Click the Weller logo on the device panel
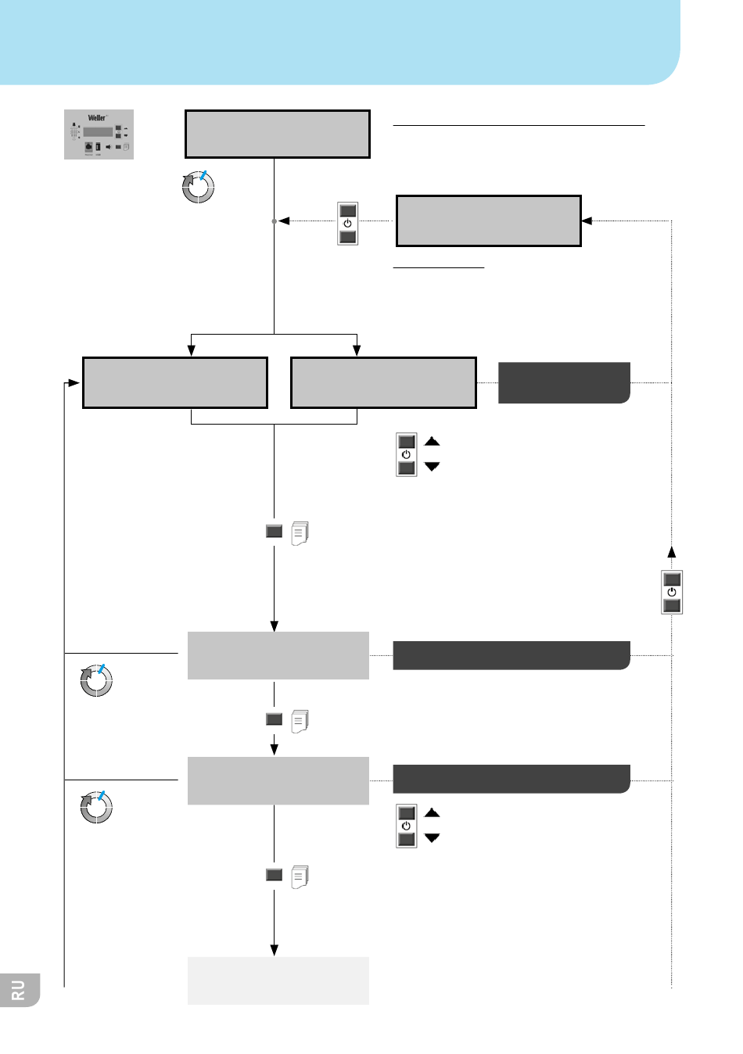click(x=97, y=118)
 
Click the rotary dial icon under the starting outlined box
click(x=198, y=187)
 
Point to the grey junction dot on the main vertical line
click(x=274, y=221)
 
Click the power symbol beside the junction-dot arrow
click(x=348, y=224)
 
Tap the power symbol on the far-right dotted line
click(x=672, y=593)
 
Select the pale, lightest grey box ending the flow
click(x=278, y=981)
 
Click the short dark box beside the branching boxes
click(x=564, y=382)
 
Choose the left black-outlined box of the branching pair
click(x=175, y=383)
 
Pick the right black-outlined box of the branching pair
click(x=383, y=383)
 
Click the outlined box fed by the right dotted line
click(x=489, y=221)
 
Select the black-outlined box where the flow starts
click(x=277, y=134)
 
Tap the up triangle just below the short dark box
click(x=432, y=442)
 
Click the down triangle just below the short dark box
click(x=432, y=467)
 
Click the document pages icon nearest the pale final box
click(x=300, y=877)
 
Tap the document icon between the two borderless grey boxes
click(x=300, y=721)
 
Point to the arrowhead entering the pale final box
click(x=275, y=950)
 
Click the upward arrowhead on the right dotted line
click(x=672, y=551)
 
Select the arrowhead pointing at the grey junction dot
click(x=285, y=221)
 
